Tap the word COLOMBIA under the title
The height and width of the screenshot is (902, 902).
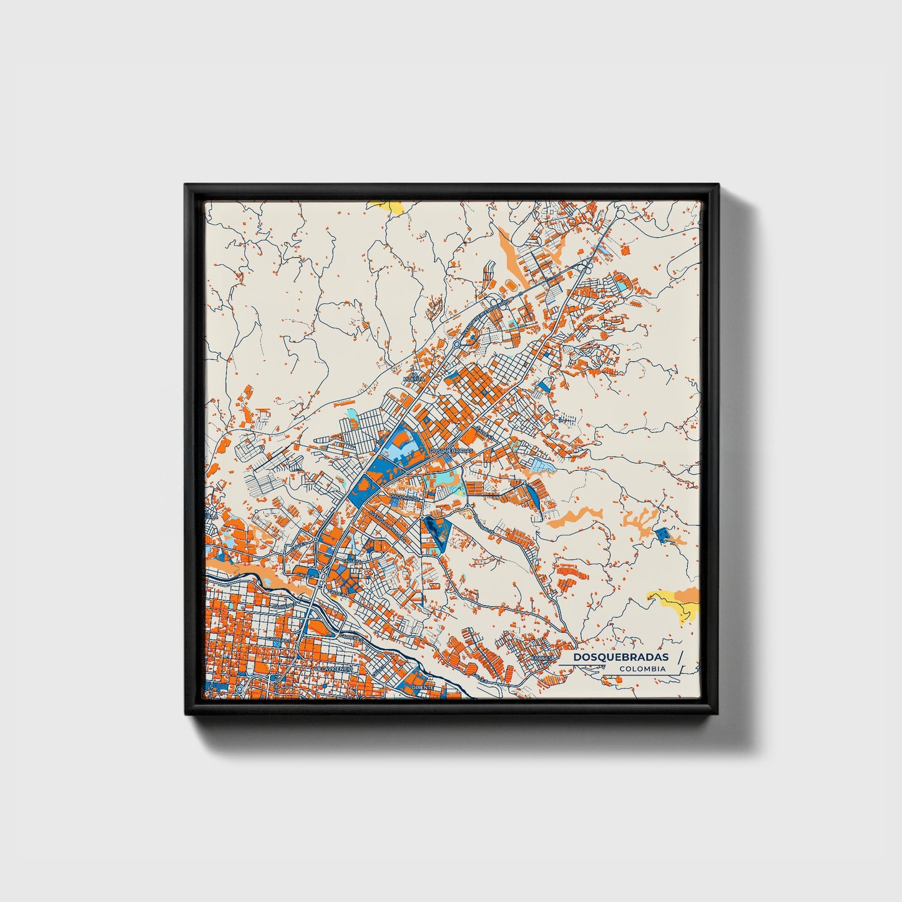point(642,669)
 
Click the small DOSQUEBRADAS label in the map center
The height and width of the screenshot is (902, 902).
point(452,450)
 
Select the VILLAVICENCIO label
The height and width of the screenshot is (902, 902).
point(333,669)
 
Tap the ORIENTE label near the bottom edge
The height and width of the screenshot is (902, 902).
point(423,687)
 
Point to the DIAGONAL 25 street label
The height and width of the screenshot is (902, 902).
point(406,498)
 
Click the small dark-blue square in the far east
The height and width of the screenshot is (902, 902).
point(662,534)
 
